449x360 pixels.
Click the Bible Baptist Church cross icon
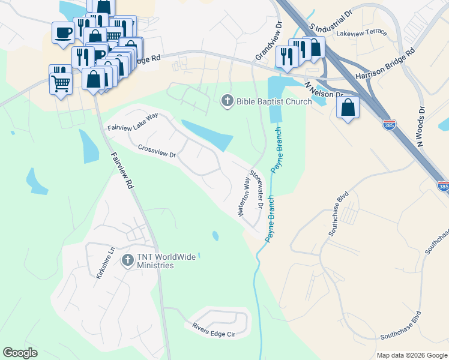[x=227, y=101]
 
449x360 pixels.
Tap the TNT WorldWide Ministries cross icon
[x=127, y=260]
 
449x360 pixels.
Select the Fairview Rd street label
[x=122, y=171]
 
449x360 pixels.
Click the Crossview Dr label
[x=157, y=151]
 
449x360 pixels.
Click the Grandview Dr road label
[x=268, y=41]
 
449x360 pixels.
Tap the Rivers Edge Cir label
[x=213, y=329]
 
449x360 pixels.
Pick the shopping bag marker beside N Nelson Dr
[x=348, y=108]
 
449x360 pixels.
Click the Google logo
[x=20, y=353]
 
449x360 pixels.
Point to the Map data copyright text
[x=411, y=355]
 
